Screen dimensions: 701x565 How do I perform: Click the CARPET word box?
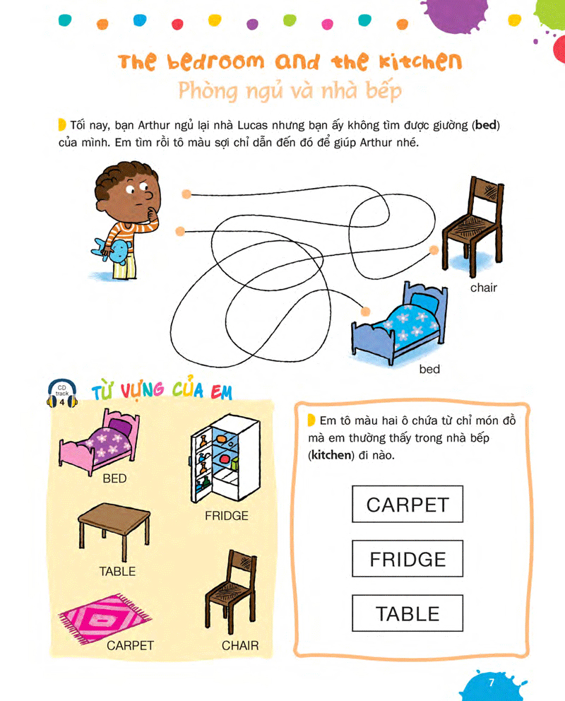click(x=408, y=505)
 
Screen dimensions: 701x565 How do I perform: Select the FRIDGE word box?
click(x=408, y=559)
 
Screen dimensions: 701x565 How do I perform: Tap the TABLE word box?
click(x=408, y=613)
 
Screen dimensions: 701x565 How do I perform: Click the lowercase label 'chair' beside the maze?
click(x=484, y=288)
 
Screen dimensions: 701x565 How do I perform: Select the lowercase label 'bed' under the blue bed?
click(x=429, y=370)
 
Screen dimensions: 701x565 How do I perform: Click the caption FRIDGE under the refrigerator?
click(x=227, y=516)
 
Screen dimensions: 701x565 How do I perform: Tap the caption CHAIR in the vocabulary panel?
click(x=240, y=645)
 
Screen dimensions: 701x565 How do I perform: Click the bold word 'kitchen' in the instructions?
click(x=331, y=455)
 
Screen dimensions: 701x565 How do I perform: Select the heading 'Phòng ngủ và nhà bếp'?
click(x=290, y=92)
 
